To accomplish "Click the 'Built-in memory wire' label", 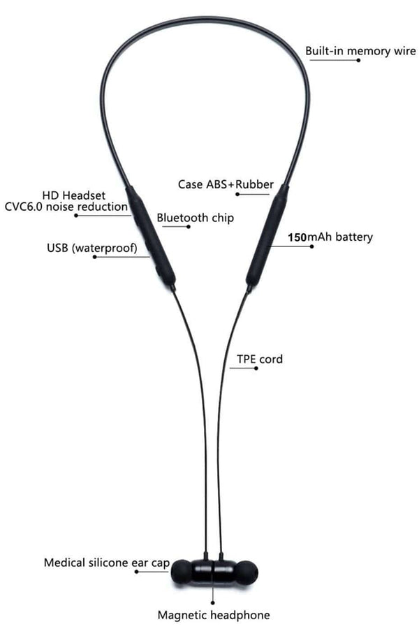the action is [361, 51].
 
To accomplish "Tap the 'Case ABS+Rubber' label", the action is [226, 184].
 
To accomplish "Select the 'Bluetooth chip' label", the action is [196, 218].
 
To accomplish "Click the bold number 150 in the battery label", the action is [297, 237].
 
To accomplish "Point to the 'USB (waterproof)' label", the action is [92, 248].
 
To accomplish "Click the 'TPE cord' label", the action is [260, 359].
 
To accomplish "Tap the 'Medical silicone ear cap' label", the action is [107, 563].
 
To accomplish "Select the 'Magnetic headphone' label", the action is [214, 615].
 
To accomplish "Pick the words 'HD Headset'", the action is [74, 195].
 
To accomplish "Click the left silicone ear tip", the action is [181, 571].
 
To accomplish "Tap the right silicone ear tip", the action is [247, 571].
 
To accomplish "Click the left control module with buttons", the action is [150, 237].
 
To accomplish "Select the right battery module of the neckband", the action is [267, 235].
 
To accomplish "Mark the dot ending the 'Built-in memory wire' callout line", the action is [359, 60].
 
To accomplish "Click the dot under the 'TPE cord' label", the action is [256, 369].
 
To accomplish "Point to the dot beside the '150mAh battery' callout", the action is [312, 246].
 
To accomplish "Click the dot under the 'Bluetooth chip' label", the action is [188, 226].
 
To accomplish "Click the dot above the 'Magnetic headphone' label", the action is [213, 602].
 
